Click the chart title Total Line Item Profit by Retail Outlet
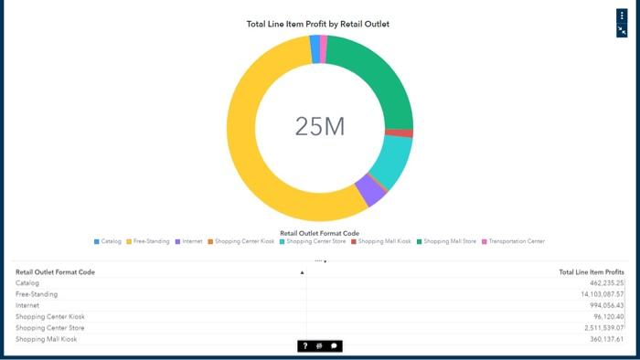[317, 24]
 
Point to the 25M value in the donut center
[320, 127]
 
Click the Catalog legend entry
[111, 241]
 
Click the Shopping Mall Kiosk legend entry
[384, 241]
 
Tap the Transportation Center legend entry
[516, 241]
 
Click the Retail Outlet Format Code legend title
[319, 233]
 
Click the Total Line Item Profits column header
[591, 272]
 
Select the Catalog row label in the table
[28, 283]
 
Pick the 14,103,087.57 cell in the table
[593, 294]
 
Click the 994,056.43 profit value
[598, 305]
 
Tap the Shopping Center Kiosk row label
[48, 317]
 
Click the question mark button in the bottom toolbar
[305, 346]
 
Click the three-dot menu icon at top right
[622, 16]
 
